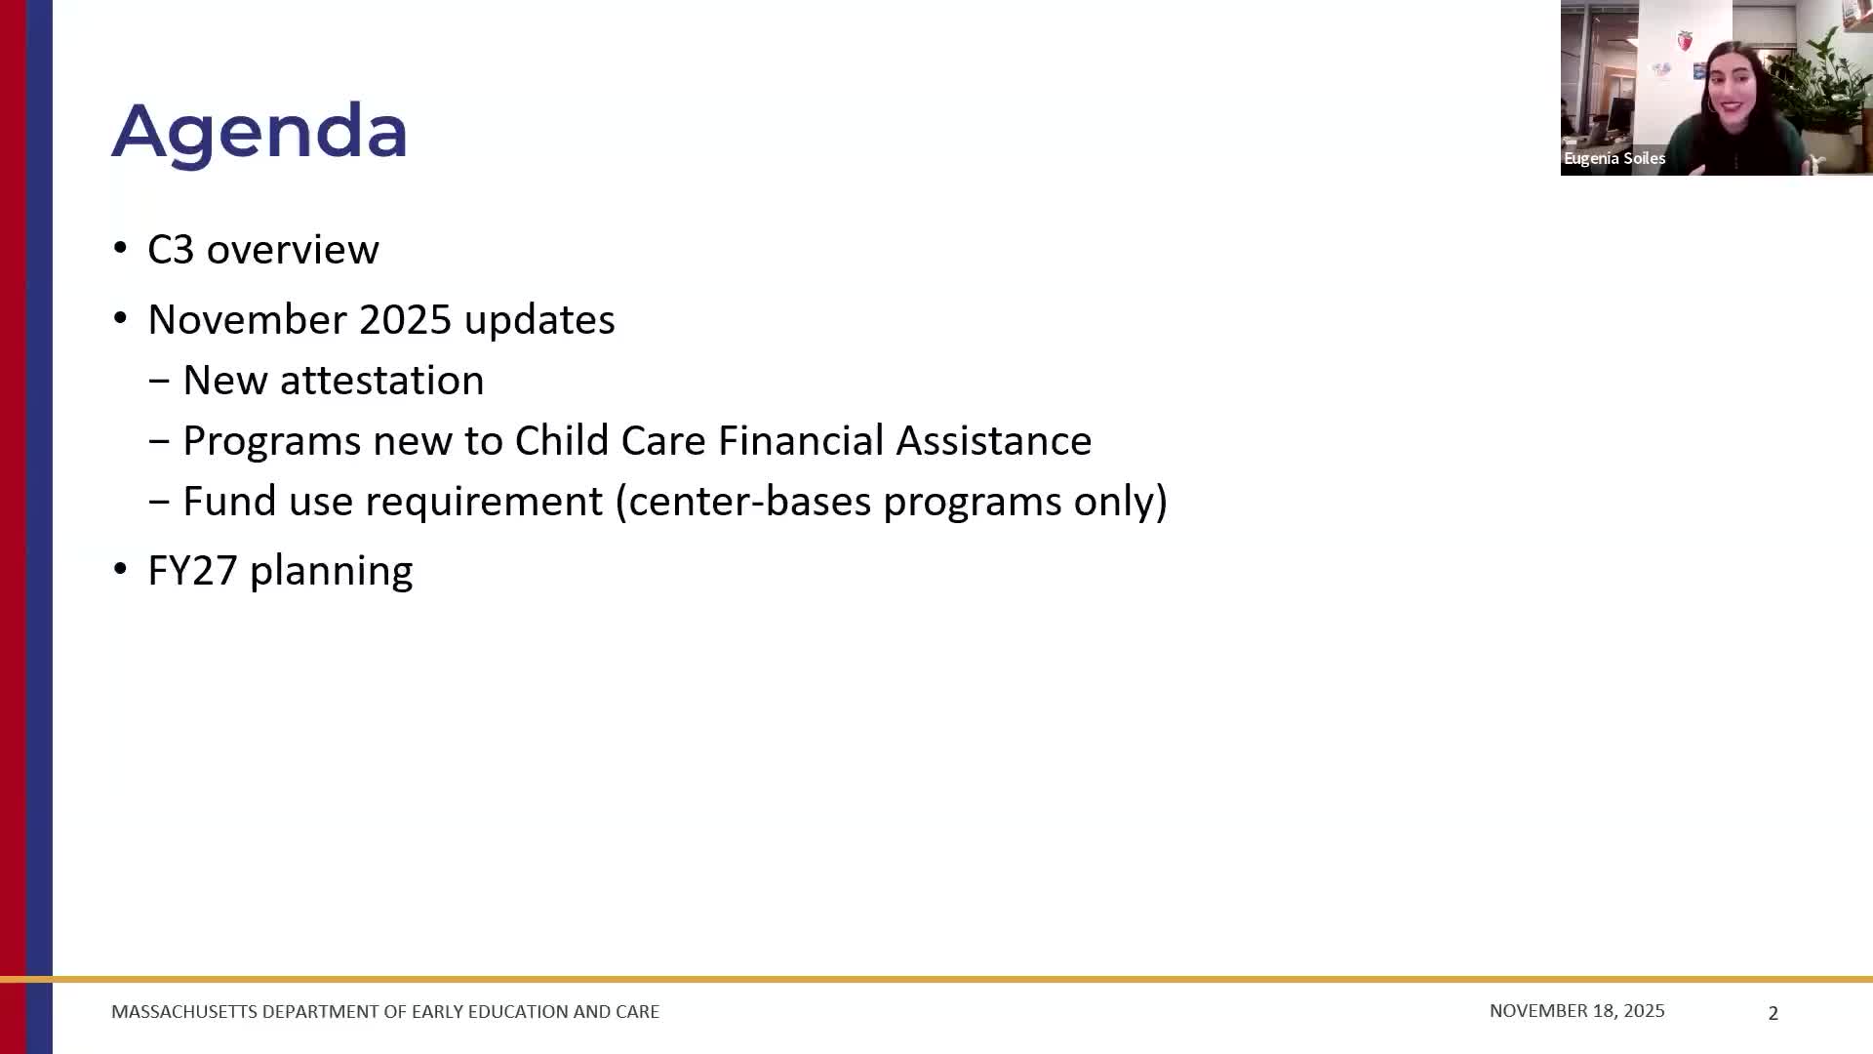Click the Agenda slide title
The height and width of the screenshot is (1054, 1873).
click(259, 131)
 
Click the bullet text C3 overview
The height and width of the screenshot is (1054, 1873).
click(262, 250)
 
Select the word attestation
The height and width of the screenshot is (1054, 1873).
click(381, 381)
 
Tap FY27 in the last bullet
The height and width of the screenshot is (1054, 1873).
click(192, 571)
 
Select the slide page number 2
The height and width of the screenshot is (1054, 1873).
click(1773, 1013)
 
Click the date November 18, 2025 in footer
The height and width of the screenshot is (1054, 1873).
click(1576, 1011)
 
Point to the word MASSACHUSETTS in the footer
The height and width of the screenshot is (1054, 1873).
click(184, 1012)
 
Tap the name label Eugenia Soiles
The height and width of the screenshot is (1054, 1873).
click(1614, 158)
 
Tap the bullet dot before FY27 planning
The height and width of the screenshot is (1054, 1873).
click(120, 569)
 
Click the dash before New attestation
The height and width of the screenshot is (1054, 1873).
click(159, 381)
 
